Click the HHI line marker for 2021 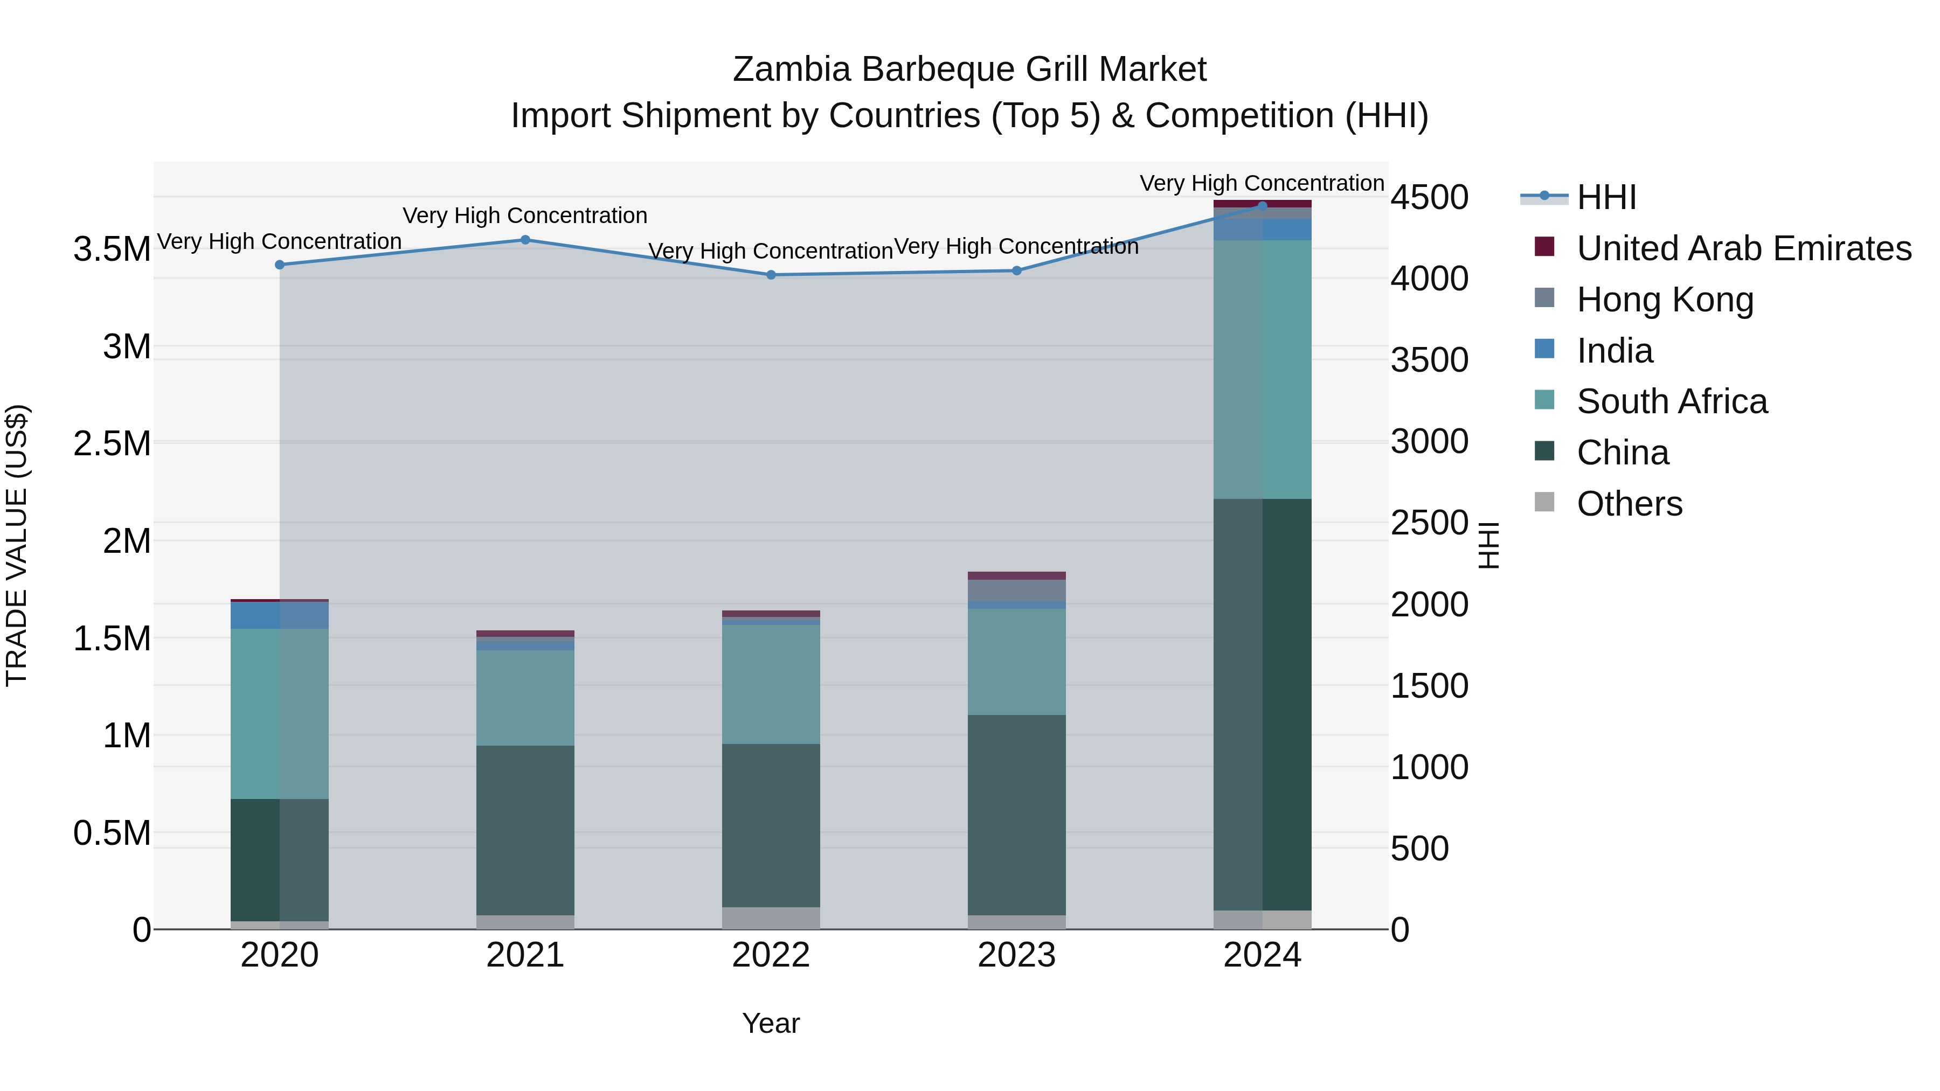(x=525, y=240)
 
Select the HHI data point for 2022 (x=771, y=275)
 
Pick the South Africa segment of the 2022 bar (x=771, y=684)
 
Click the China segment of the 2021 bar (x=525, y=830)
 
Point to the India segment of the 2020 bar (x=279, y=615)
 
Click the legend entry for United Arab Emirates (x=1743, y=248)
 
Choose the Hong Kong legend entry (x=1665, y=300)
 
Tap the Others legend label (x=1629, y=504)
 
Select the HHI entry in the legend (x=1606, y=197)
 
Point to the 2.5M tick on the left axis (x=112, y=443)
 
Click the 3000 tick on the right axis (x=1429, y=441)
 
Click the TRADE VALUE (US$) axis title (x=17, y=545)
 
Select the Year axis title (x=771, y=1023)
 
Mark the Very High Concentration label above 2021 (x=525, y=216)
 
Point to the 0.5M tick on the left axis (x=112, y=833)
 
